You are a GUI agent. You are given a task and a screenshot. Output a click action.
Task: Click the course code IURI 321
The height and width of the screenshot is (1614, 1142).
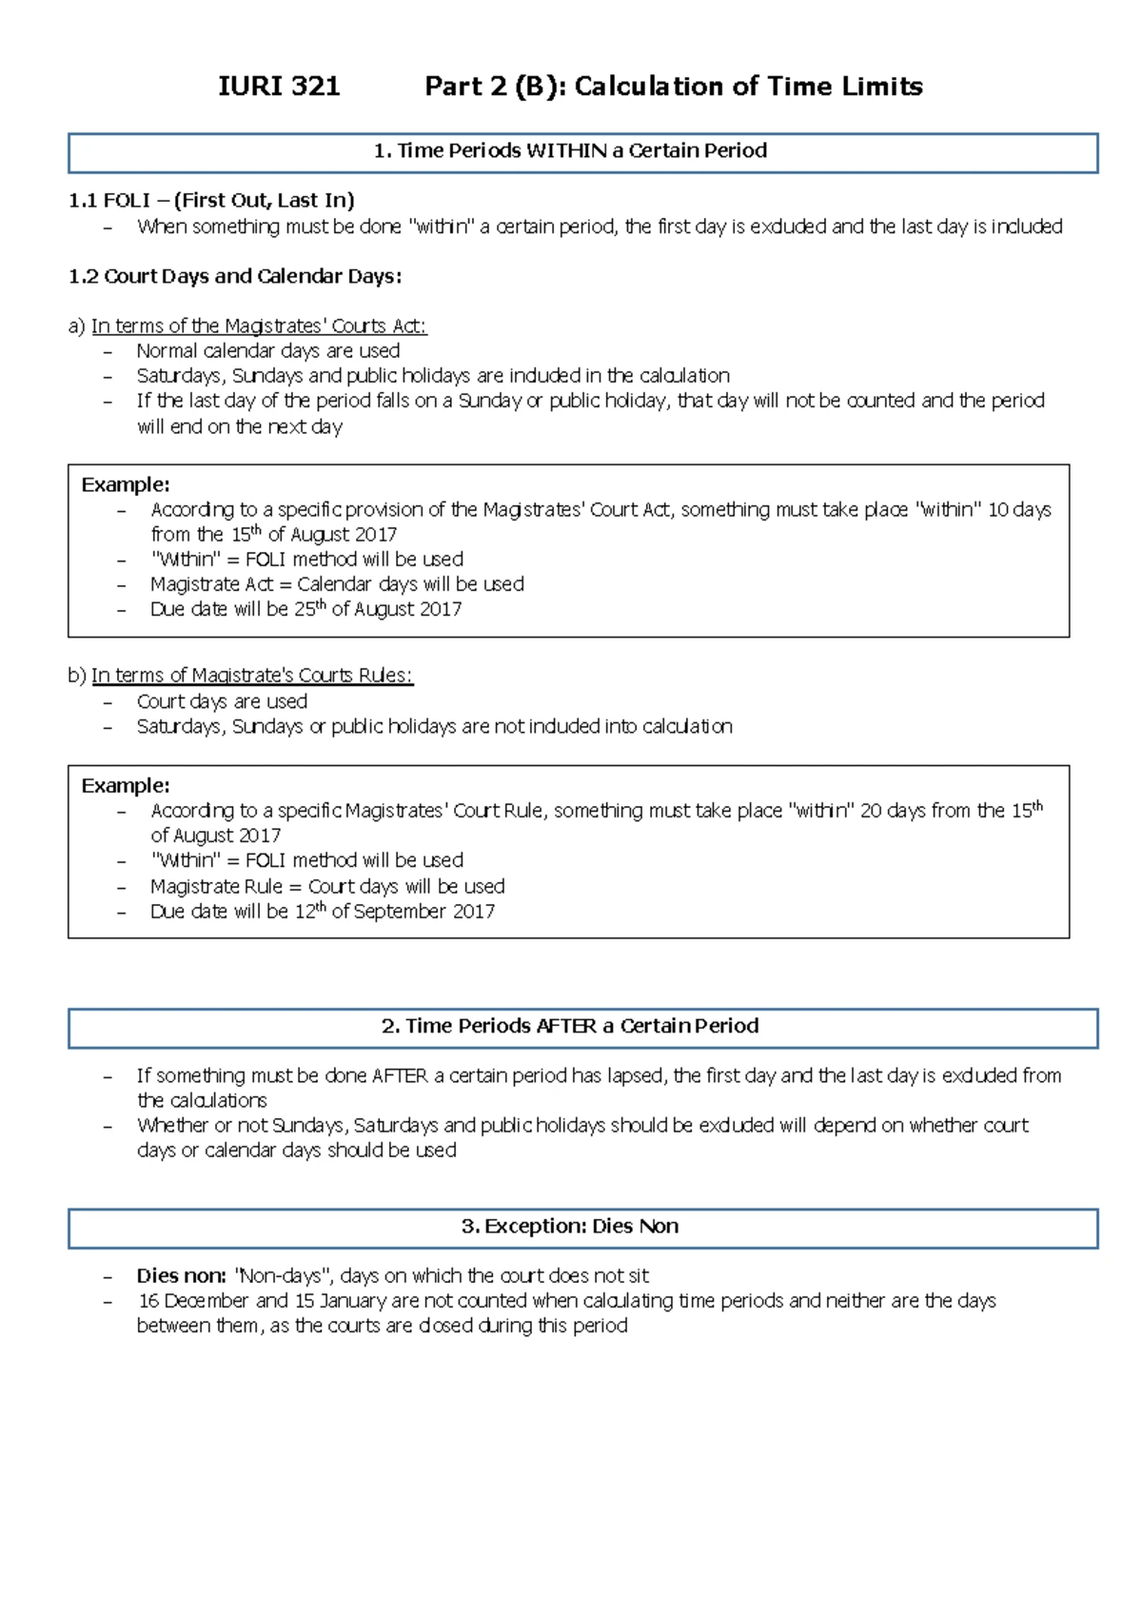click(279, 87)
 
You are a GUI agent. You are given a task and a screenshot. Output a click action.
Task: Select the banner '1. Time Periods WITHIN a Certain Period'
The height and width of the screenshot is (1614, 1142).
click(582, 151)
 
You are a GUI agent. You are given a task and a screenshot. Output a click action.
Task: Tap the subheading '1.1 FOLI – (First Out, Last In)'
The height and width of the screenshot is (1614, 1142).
click(211, 200)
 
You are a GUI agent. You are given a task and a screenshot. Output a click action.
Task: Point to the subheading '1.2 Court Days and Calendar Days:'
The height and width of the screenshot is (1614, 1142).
click(235, 276)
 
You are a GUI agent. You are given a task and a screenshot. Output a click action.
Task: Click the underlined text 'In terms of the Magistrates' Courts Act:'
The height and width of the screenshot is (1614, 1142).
click(259, 325)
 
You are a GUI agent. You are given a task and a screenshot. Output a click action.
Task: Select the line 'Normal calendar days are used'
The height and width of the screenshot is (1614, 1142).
click(267, 350)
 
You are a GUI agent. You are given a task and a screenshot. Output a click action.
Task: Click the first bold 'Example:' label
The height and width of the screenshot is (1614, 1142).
click(126, 484)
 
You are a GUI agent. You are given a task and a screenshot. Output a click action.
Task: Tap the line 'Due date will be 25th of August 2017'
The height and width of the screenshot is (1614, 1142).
click(305, 609)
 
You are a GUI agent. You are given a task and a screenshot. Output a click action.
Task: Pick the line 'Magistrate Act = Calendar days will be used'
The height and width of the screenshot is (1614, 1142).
click(337, 583)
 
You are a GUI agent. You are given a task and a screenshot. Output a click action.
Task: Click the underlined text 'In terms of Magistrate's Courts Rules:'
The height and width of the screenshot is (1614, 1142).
click(251, 676)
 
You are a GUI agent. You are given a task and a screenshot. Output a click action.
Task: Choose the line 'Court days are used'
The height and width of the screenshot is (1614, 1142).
click(222, 701)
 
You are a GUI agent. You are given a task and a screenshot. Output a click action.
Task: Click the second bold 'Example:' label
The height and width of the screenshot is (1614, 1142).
click(126, 786)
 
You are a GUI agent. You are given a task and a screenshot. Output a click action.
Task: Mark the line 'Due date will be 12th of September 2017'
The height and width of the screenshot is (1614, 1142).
click(322, 911)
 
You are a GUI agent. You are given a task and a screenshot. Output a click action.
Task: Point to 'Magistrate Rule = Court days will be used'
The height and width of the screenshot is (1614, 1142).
click(327, 886)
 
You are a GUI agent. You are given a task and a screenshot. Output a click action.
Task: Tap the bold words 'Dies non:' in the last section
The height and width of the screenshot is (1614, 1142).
click(181, 1276)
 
